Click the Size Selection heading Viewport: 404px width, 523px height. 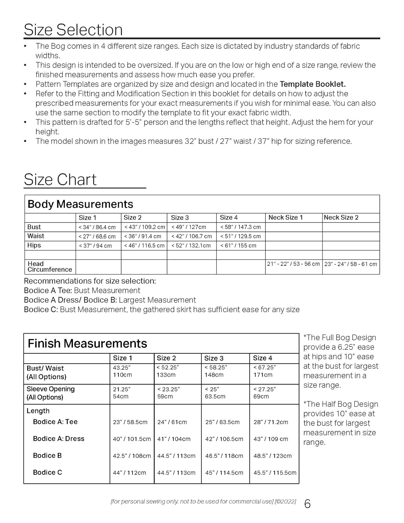73,30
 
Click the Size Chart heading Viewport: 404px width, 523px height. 60,180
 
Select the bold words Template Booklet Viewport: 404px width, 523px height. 313,84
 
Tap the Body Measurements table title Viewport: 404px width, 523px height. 80,204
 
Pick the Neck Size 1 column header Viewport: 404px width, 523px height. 285,218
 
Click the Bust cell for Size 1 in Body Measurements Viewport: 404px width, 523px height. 97,227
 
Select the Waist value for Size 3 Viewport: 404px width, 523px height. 192,236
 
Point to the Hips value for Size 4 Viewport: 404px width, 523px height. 238,246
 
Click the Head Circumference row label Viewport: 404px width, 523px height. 49,267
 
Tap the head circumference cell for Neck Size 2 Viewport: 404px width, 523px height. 351,264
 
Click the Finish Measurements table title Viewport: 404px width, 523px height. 87,343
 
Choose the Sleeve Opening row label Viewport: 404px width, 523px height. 51,393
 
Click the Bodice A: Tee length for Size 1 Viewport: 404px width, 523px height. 130,422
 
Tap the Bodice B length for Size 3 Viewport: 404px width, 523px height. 224,456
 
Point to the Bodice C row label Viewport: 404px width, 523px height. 48,472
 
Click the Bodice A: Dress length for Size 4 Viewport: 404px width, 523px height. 271,439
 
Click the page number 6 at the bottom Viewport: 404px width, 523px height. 307,504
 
